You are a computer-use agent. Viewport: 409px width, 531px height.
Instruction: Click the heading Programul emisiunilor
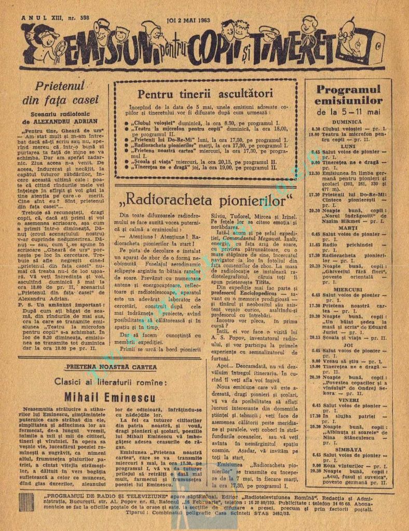coord(348,95)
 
